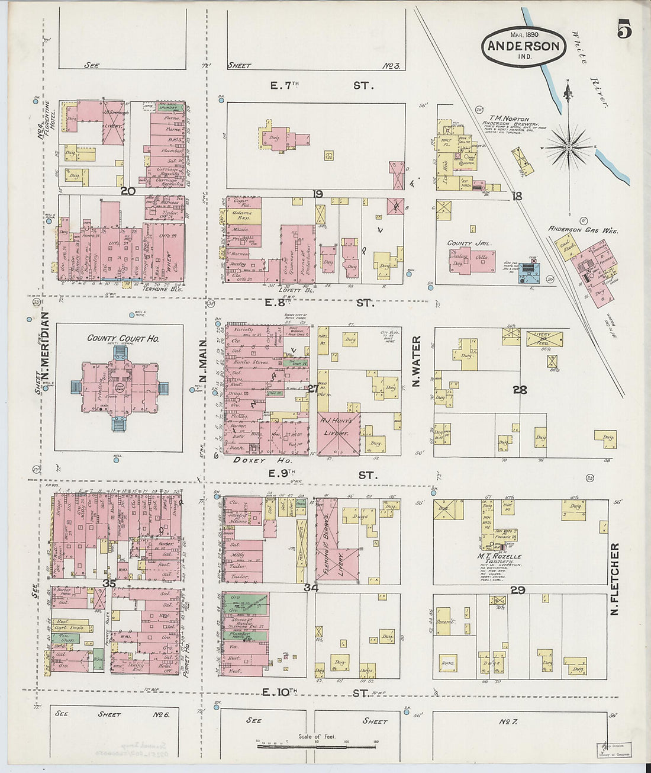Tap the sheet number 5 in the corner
click(x=624, y=28)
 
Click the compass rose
click(x=568, y=146)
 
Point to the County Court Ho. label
click(x=123, y=338)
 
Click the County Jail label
click(x=468, y=243)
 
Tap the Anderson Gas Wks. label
click(x=582, y=230)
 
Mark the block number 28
click(x=520, y=390)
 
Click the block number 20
click(x=127, y=191)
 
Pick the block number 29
click(x=518, y=590)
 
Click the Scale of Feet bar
click(x=317, y=746)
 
